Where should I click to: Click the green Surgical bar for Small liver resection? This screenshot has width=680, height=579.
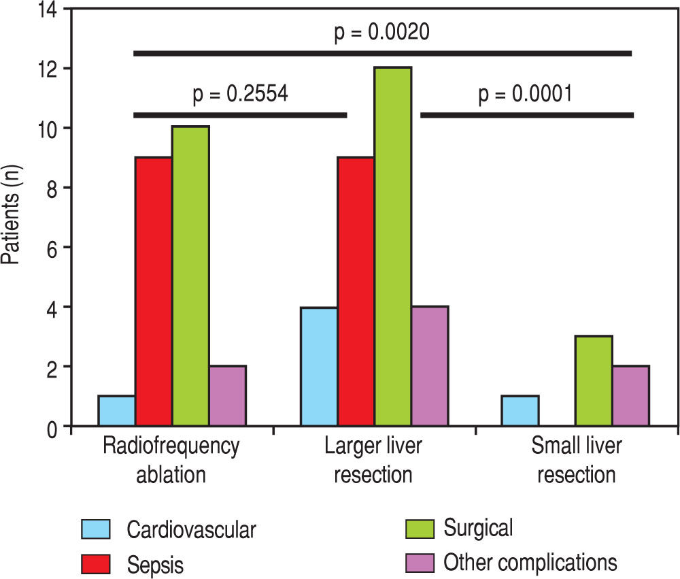pos(594,380)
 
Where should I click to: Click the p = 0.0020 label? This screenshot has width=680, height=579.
pos(382,33)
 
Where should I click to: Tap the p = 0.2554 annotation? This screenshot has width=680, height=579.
pos(242,93)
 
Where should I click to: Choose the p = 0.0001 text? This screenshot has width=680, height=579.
pos(525,93)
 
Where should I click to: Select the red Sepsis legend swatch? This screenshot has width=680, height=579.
pos(95,563)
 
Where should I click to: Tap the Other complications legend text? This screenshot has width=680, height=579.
pos(530,563)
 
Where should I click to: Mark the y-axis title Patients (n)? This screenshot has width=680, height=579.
pos(12,217)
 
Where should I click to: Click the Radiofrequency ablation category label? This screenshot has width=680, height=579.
pos(171,460)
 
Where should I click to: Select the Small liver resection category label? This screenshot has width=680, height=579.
pos(577,460)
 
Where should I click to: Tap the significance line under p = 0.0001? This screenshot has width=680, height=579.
pos(526,115)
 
